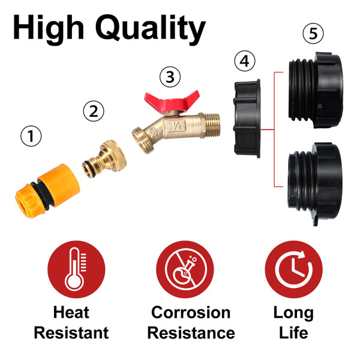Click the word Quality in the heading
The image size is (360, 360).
tap(151, 29)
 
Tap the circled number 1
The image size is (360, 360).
tap(31, 136)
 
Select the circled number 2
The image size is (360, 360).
tap(94, 111)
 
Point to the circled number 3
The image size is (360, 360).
tap(170, 77)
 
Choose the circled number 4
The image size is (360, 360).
tap(245, 61)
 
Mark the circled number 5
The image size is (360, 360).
tap(313, 33)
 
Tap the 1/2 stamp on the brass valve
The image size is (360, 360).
tap(176, 125)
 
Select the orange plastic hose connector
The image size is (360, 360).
tap(47, 191)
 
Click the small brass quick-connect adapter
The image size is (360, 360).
tap(104, 158)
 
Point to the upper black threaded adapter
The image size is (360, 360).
tap(316, 90)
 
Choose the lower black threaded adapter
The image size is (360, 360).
tap(315, 184)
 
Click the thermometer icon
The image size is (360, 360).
tap(76, 269)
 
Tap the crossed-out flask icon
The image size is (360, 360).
tap(185, 269)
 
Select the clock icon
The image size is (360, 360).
tap(293, 269)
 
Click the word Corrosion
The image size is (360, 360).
tap(191, 313)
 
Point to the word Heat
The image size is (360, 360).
tap(71, 313)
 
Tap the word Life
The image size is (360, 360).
tap(293, 333)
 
